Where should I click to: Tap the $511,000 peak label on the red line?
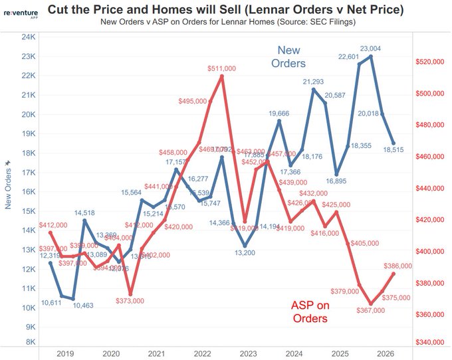tap(222, 68)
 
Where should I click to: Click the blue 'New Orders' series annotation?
tap(288, 57)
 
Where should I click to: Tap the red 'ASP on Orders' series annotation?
tap(310, 312)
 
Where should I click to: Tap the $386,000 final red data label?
tap(398, 266)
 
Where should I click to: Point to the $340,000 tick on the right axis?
tap(430, 343)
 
